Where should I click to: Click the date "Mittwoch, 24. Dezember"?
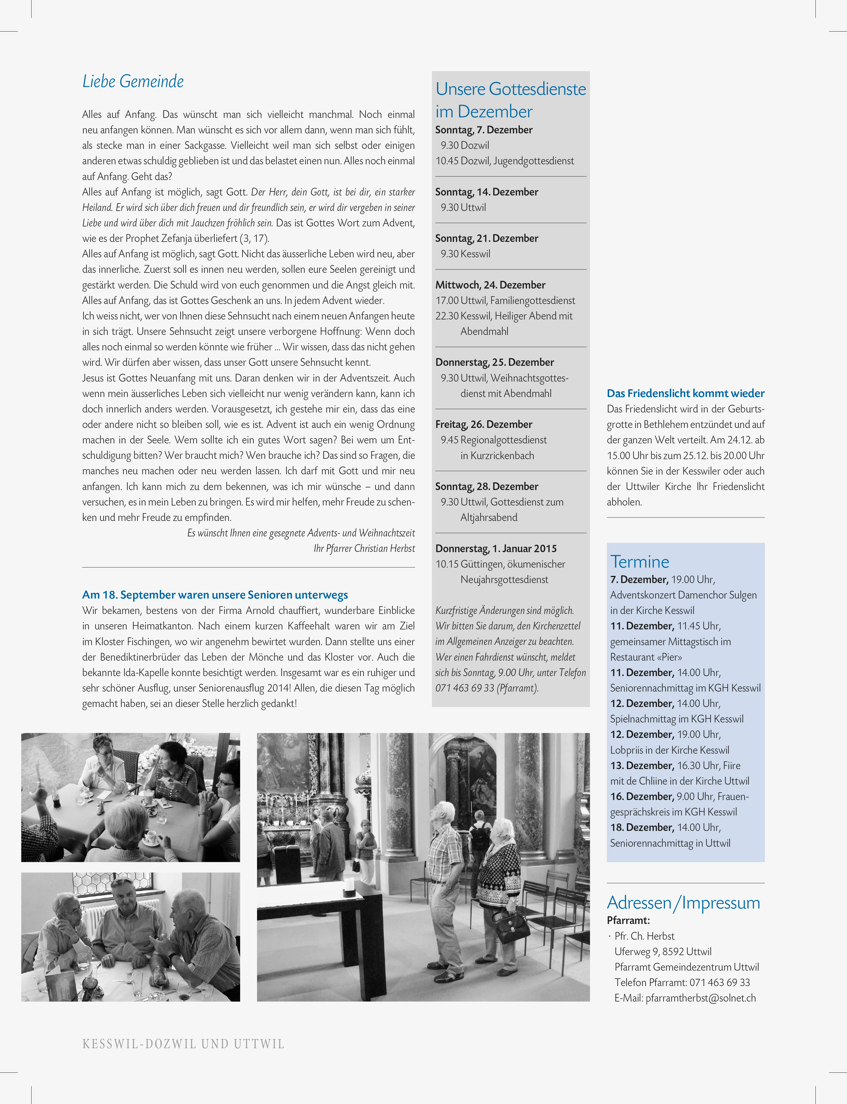(490, 285)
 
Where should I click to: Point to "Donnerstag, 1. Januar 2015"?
(495, 548)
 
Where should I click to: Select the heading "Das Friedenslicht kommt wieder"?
(685, 393)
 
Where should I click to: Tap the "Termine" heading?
(639, 562)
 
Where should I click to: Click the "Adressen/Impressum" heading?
(683, 902)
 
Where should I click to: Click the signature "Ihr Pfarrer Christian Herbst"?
(364, 548)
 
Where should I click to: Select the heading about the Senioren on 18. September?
(215, 595)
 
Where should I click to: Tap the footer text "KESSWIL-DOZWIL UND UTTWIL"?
(183, 1044)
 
